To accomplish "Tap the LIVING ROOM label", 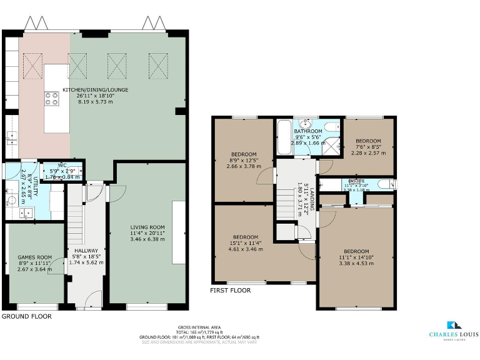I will (147, 227).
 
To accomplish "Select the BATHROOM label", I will (308, 131).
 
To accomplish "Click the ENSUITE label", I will (357, 180).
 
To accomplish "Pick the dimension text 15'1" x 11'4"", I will (246, 243).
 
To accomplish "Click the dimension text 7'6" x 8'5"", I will (368, 146).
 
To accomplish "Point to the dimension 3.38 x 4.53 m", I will (356, 264).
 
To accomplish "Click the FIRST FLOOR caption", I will (231, 291).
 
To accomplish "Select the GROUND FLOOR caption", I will (26, 317).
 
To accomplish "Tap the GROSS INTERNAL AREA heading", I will (199, 327).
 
